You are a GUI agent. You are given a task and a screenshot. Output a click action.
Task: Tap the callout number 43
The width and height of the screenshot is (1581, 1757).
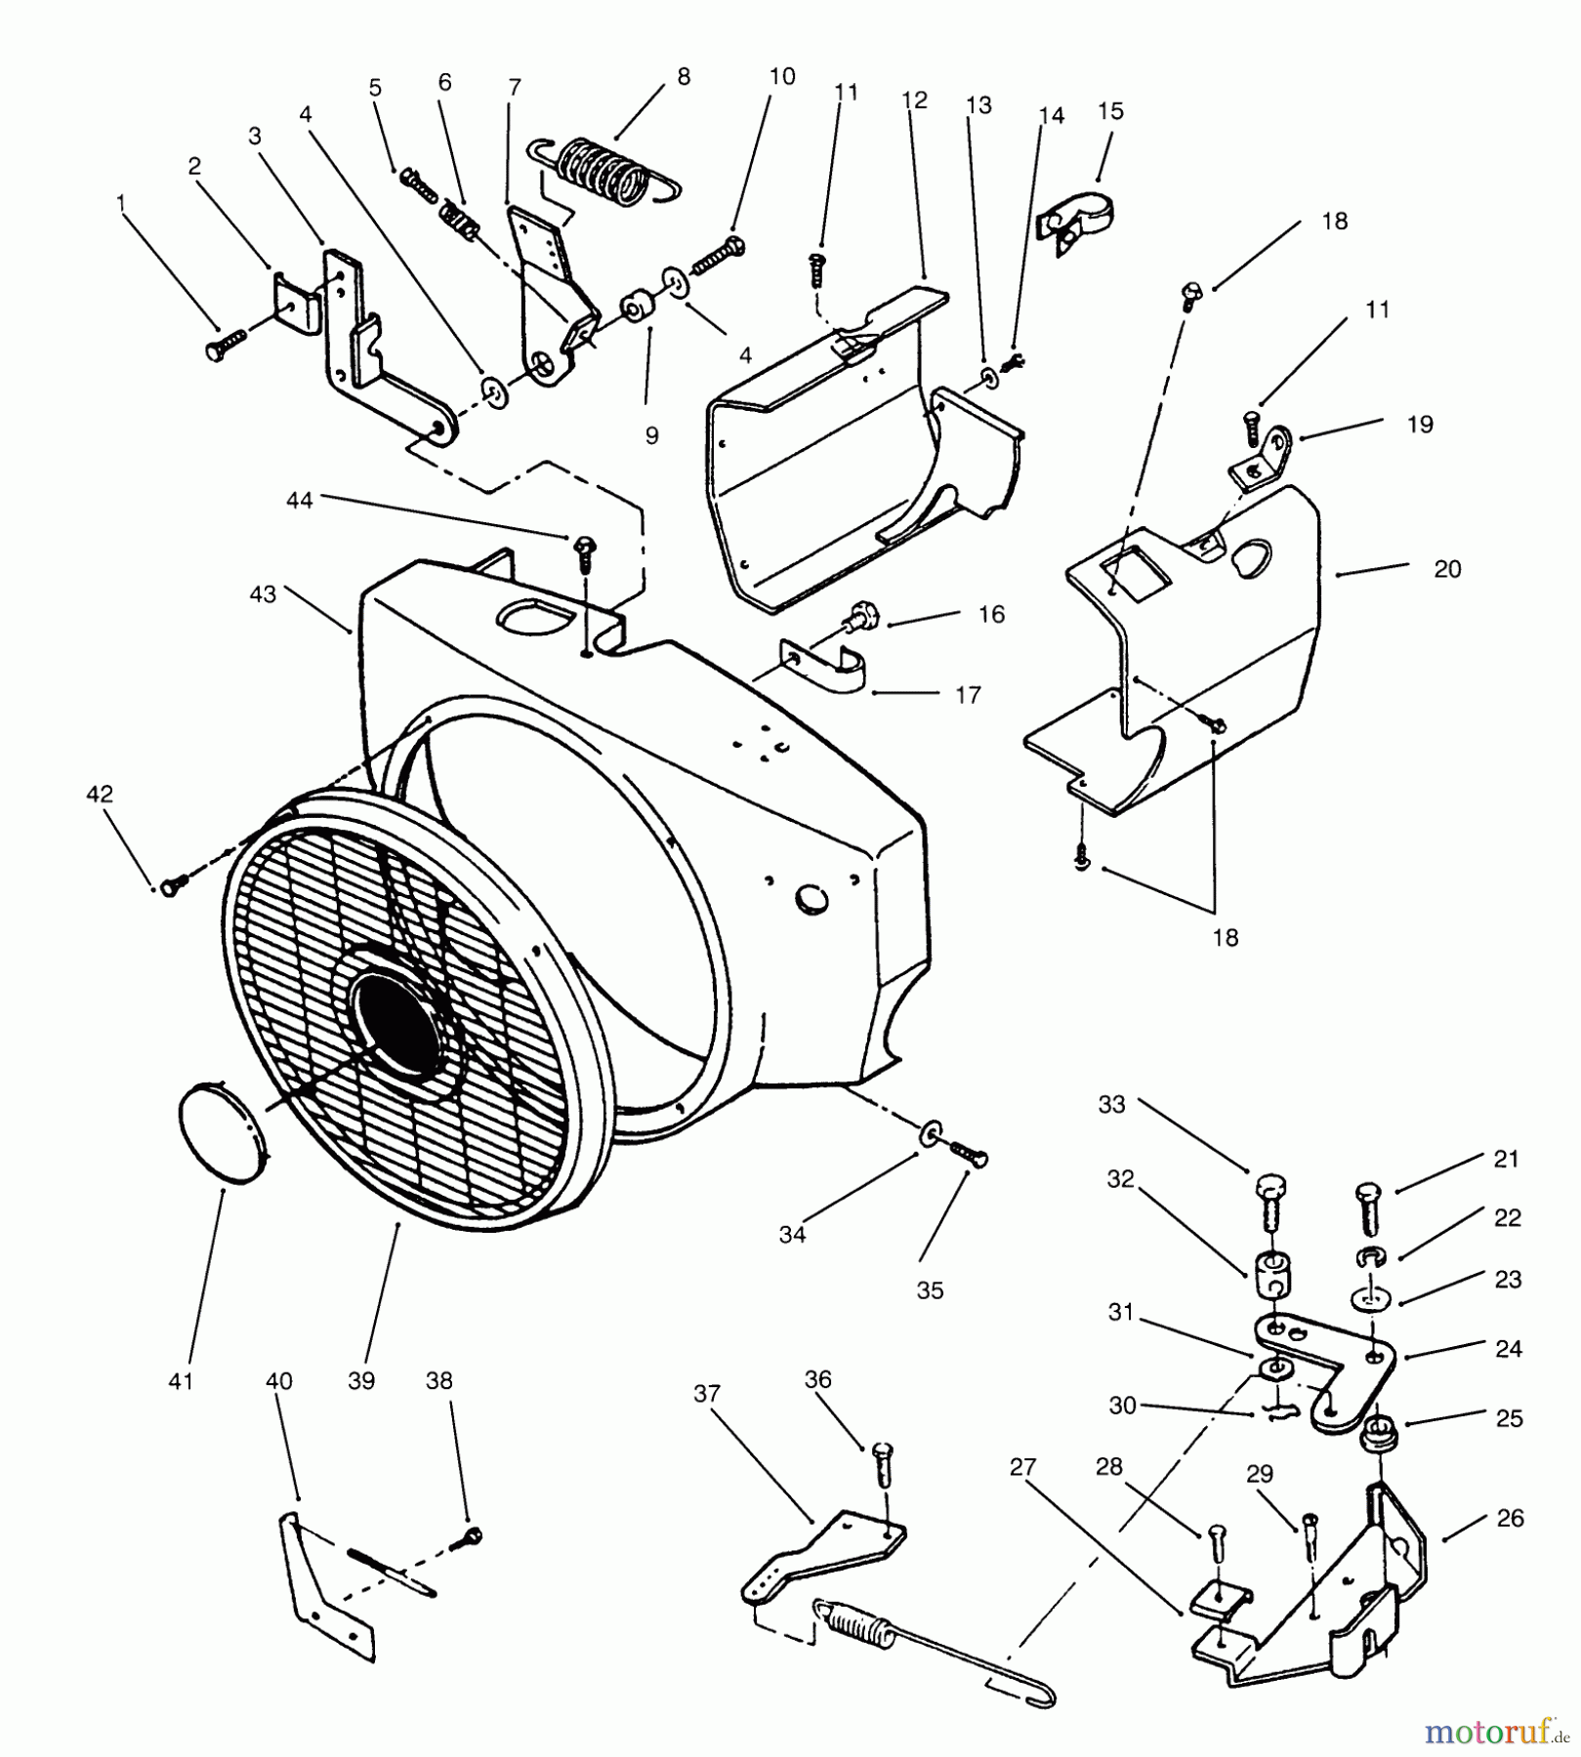click(264, 593)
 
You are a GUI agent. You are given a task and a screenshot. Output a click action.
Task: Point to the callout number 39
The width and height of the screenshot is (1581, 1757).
click(361, 1381)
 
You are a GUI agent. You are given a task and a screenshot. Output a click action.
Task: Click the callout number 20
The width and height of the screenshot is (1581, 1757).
click(1447, 569)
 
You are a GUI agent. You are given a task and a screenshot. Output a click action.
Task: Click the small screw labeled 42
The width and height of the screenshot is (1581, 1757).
click(174, 883)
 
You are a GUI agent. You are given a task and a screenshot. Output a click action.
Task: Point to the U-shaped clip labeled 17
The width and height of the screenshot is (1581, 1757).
click(828, 666)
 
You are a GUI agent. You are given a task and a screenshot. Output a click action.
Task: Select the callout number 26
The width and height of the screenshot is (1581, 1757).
click(1510, 1518)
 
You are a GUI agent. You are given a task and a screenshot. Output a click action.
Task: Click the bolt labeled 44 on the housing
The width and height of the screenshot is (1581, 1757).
click(584, 550)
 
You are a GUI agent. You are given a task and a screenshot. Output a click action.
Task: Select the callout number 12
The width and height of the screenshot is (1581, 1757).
click(915, 100)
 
